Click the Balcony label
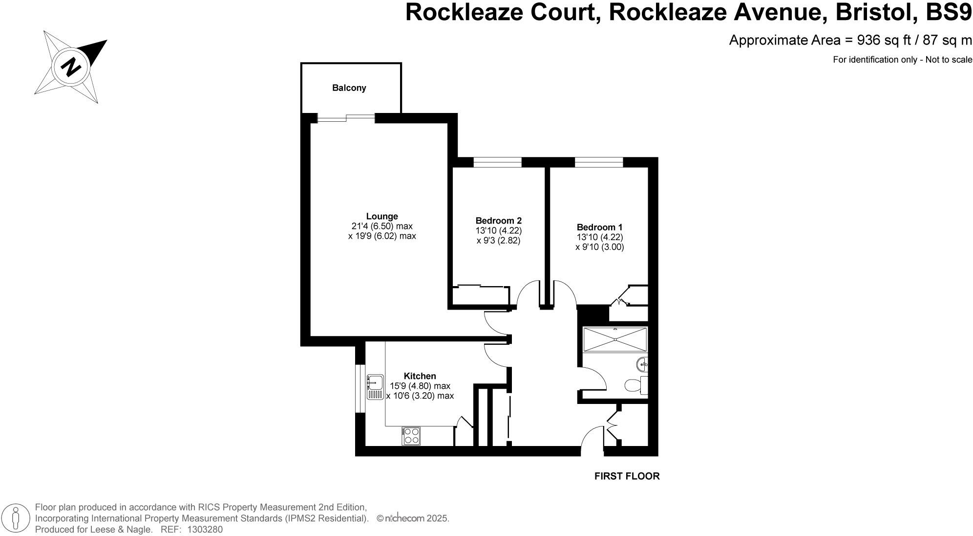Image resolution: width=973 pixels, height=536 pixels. point(349,88)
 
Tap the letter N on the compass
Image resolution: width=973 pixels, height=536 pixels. point(71,67)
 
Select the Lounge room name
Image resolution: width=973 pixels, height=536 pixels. point(382,216)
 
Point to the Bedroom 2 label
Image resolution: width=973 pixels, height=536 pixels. point(499,221)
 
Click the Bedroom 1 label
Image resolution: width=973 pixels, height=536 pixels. point(599,227)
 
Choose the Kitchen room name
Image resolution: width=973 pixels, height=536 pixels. point(420,376)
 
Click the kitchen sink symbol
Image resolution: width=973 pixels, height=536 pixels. point(375,387)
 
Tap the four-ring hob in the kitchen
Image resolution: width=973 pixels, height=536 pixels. point(411,436)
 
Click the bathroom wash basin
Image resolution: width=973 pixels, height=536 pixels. point(642,364)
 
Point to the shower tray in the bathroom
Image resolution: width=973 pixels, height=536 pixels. point(615,339)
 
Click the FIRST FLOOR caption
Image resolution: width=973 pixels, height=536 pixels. point(627,476)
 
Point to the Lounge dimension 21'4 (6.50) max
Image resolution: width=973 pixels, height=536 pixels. point(382,226)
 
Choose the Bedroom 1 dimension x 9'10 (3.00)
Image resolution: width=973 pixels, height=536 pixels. point(599,247)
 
